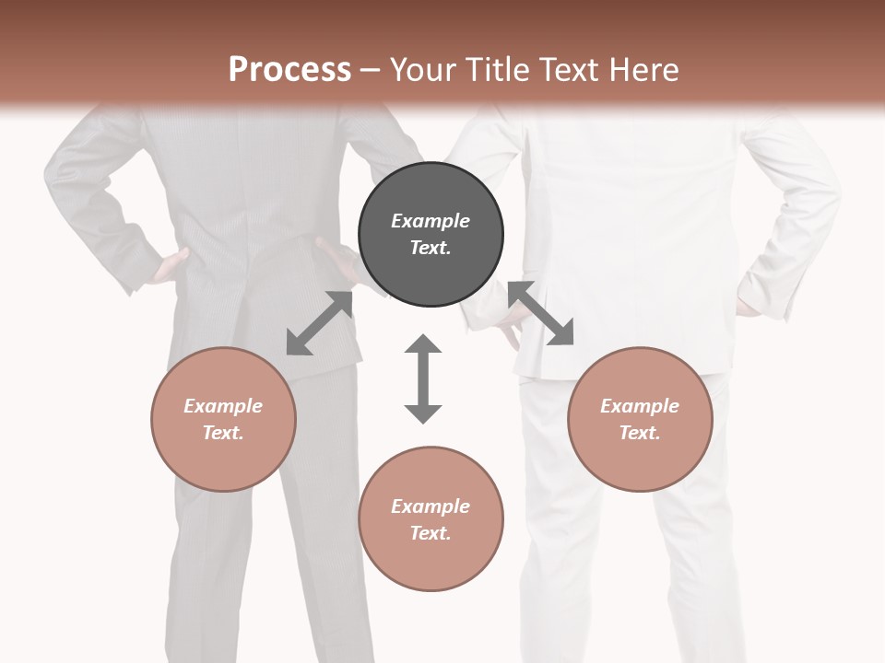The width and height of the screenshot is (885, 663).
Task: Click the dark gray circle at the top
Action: pyautogui.click(x=431, y=235)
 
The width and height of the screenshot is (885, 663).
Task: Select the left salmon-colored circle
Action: pyautogui.click(x=223, y=419)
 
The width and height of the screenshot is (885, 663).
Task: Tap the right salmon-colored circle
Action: pyautogui.click(x=640, y=419)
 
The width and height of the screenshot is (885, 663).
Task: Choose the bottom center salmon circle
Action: pyautogui.click(x=431, y=518)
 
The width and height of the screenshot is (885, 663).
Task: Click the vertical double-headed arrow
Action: pyautogui.click(x=423, y=378)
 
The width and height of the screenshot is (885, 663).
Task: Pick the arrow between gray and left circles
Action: pyautogui.click(x=320, y=323)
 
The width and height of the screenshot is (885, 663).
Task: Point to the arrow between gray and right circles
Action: pyautogui.click(x=541, y=314)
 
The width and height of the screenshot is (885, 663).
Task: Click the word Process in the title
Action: pyautogui.click(x=289, y=69)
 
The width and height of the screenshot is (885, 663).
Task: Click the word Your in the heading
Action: pyautogui.click(x=424, y=69)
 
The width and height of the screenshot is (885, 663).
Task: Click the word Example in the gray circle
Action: pyautogui.click(x=431, y=221)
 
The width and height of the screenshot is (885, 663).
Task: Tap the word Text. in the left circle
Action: pyautogui.click(x=223, y=433)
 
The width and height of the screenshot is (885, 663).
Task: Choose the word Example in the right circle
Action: pyautogui.click(x=640, y=406)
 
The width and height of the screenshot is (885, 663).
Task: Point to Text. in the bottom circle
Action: pyautogui.click(x=431, y=533)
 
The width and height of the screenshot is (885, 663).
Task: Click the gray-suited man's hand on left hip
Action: pyautogui.click(x=171, y=266)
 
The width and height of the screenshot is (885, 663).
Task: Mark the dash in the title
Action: pyautogui.click(x=370, y=70)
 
